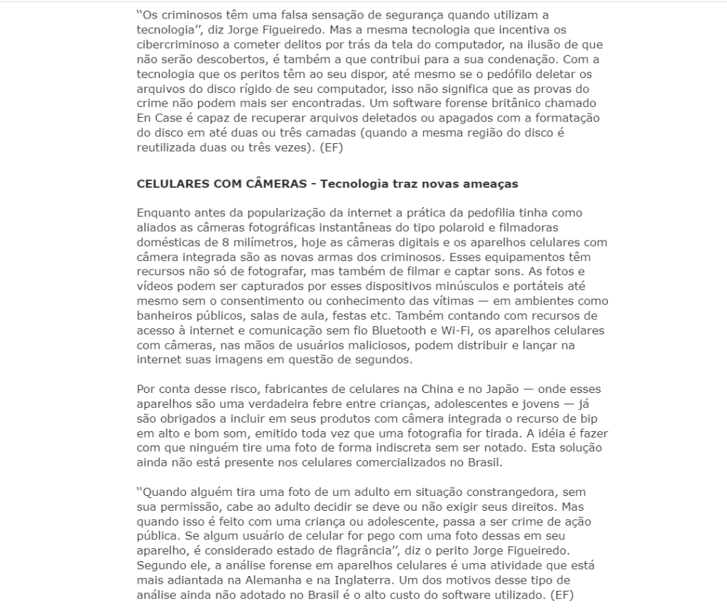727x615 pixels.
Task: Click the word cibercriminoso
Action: (176, 45)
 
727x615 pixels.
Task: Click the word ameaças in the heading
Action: (487, 184)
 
